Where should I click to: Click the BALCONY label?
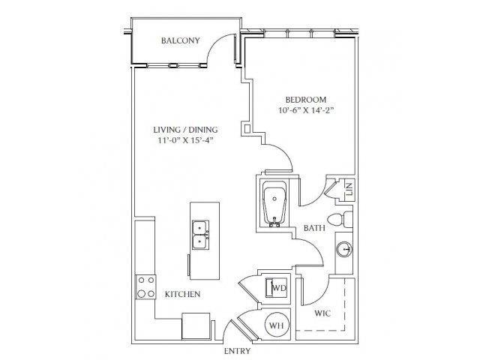(180, 40)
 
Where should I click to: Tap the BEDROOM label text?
(306, 100)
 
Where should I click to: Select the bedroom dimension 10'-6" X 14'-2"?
(306, 110)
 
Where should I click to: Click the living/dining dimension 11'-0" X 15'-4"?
(185, 140)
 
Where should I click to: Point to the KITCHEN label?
(183, 294)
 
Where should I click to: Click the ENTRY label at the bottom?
(237, 351)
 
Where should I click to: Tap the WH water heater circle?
(276, 325)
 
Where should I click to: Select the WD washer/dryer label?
(280, 288)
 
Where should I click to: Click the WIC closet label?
(322, 313)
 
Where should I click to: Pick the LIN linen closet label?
(349, 189)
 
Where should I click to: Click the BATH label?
(314, 228)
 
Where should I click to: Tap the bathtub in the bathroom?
(274, 204)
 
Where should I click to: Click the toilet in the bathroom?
(340, 220)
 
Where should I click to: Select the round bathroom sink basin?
(344, 250)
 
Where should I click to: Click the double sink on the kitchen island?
(200, 235)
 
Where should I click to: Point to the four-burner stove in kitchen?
(145, 286)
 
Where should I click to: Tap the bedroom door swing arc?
(283, 154)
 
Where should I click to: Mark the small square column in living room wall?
(247, 127)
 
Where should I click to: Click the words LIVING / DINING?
(185, 130)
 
